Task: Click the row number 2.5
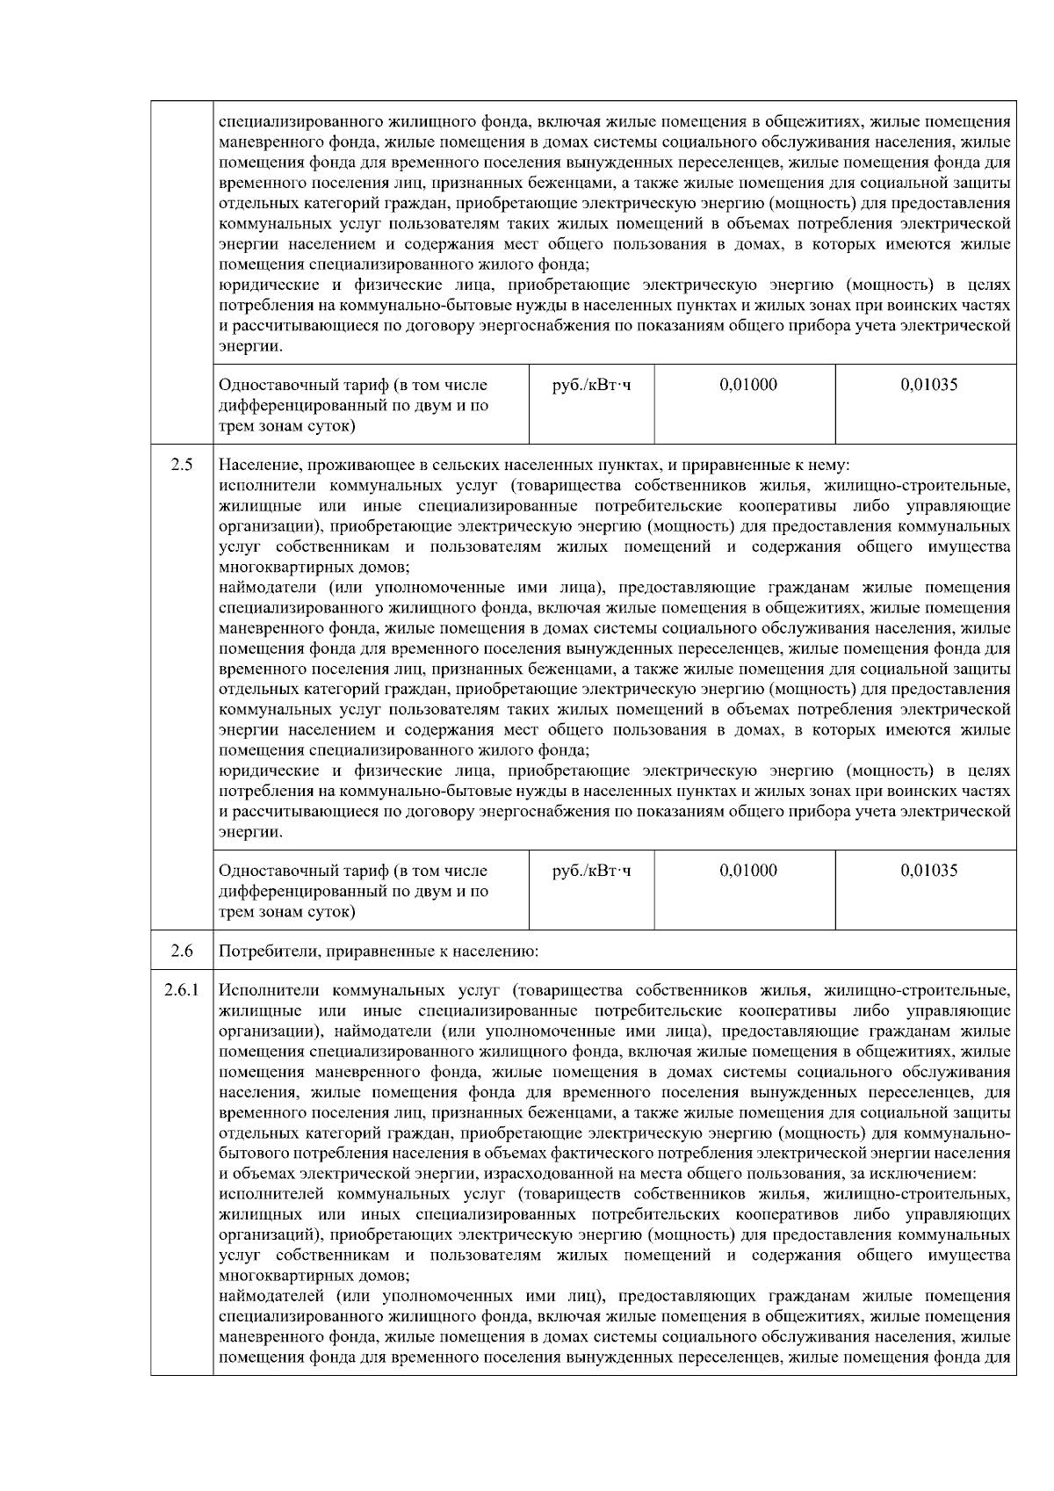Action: (182, 465)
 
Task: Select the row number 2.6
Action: (182, 951)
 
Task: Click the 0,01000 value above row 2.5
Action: (747, 385)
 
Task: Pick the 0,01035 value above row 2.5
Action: (928, 385)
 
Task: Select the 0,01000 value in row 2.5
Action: (747, 871)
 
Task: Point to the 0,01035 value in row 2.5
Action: (928, 871)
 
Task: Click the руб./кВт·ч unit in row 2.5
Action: (591, 871)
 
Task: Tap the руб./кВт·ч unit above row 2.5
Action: (591, 385)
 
